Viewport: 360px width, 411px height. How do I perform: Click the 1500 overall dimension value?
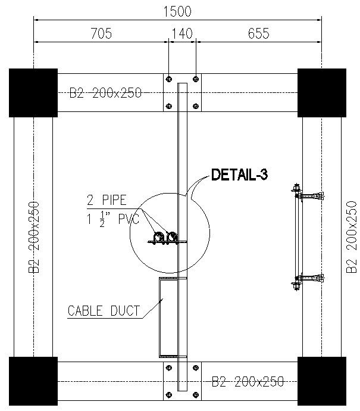tap(177, 11)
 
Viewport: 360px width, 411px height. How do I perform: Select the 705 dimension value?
tap(101, 34)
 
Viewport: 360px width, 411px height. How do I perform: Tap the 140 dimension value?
tap(182, 34)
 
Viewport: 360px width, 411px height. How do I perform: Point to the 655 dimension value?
tap(259, 34)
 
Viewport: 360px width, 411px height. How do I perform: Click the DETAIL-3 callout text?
tap(240, 175)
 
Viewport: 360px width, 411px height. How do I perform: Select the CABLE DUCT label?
tap(104, 310)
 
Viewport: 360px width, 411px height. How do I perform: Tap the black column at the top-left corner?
tap(33, 92)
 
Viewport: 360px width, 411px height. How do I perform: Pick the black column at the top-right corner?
tap(321, 92)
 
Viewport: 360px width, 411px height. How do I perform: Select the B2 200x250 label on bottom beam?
tap(248, 381)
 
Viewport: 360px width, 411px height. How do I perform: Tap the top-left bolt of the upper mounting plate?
tap(170, 79)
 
